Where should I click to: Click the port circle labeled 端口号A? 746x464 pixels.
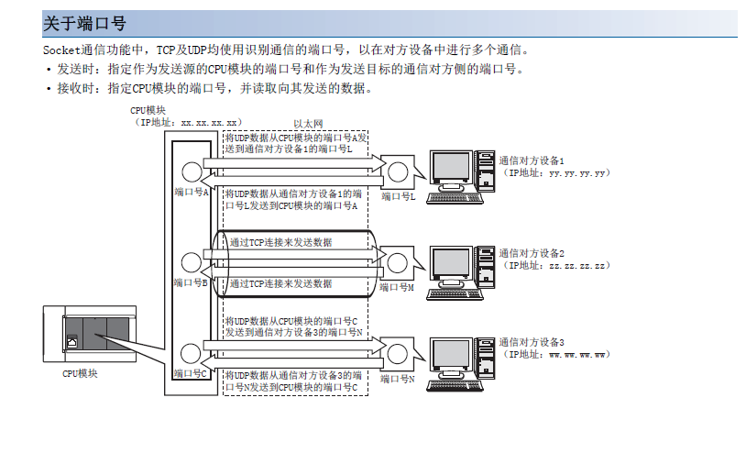coord(192,171)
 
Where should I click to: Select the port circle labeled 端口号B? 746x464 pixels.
coord(192,260)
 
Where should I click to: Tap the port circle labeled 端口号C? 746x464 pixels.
coord(192,351)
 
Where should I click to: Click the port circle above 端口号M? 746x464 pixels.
coord(398,261)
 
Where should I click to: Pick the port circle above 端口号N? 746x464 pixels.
coord(398,351)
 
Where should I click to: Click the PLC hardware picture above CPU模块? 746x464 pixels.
coord(89,335)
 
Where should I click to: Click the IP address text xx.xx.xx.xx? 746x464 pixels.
coord(210,121)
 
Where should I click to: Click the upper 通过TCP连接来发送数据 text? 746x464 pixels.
coord(280,242)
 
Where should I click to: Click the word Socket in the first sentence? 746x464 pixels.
coord(63,50)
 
